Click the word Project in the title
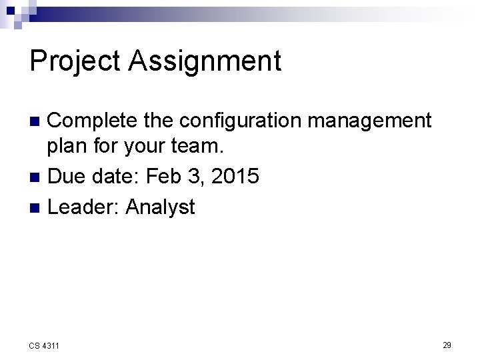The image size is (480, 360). [75, 61]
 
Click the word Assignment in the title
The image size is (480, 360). [205, 61]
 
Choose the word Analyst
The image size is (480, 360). [160, 207]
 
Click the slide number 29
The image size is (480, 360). [447, 345]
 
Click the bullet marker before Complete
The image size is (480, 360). [37, 122]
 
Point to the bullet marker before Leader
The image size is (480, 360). [37, 207]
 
